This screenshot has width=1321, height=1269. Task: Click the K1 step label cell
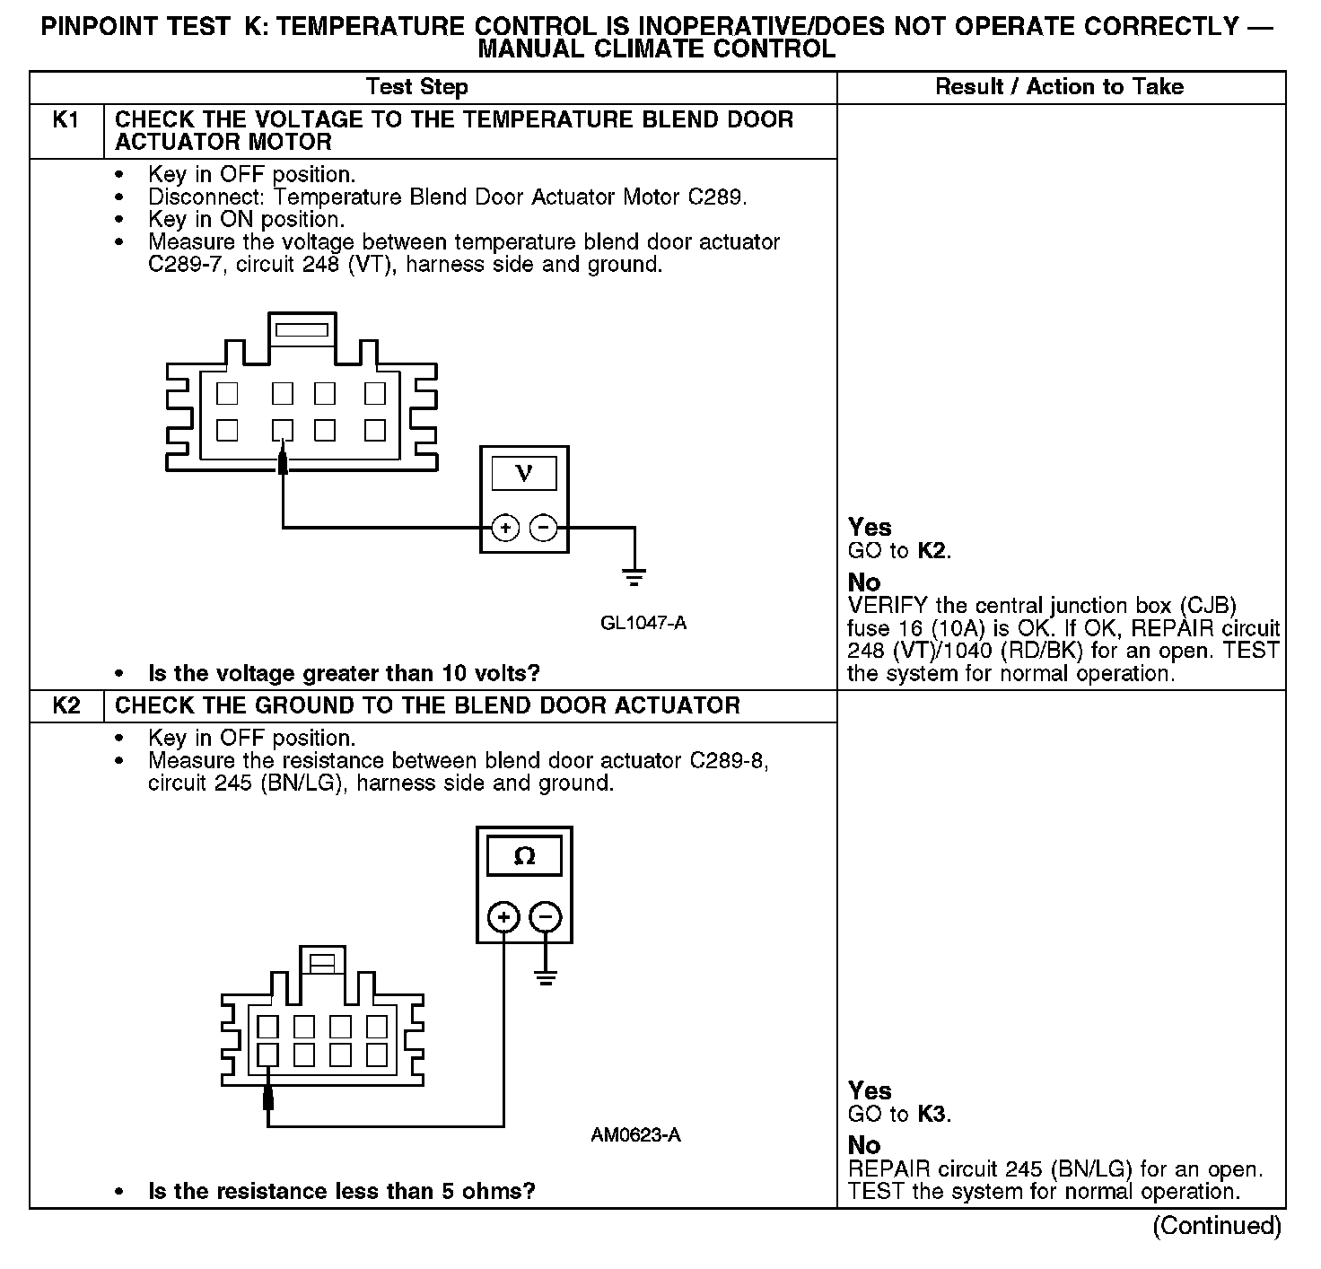[66, 120]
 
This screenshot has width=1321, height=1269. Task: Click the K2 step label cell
[66, 705]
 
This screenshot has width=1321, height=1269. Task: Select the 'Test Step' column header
[416, 87]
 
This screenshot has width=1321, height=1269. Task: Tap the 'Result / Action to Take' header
[1059, 87]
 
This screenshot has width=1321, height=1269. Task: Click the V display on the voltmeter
[524, 473]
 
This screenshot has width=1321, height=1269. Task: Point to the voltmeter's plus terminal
[505, 528]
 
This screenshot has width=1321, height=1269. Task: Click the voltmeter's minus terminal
[543, 528]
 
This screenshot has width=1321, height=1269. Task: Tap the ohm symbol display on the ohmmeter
[524, 856]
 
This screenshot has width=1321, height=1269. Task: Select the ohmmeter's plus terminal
[503, 917]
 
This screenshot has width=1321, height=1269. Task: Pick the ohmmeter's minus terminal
[546, 917]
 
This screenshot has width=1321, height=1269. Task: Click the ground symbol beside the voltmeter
[634, 576]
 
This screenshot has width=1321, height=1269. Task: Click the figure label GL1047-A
[643, 623]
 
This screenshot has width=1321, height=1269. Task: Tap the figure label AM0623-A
[635, 1135]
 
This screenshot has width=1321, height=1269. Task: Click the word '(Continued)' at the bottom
[1216, 1226]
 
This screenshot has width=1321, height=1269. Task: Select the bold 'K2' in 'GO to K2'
[932, 551]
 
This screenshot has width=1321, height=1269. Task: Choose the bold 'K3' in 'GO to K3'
[932, 1115]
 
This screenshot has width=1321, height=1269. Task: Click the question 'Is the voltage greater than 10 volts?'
[344, 673]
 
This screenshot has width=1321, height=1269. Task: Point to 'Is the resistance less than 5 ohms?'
[341, 1192]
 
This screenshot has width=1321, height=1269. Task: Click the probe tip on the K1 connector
[283, 461]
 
